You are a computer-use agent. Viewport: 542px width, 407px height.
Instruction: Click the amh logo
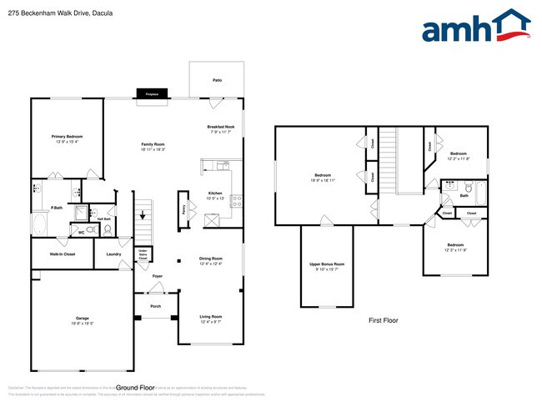click(x=476, y=27)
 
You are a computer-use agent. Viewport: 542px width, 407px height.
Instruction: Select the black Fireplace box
click(x=152, y=95)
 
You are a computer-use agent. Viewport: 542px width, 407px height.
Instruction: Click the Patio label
click(x=217, y=80)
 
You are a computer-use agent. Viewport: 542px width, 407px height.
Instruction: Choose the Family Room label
click(x=153, y=145)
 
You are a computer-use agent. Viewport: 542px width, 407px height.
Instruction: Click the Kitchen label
click(x=215, y=193)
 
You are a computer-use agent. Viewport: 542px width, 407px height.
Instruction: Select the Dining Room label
click(x=210, y=259)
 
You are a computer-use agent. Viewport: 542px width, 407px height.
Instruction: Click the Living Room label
click(x=210, y=317)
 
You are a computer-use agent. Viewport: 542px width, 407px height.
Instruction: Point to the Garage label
click(x=81, y=319)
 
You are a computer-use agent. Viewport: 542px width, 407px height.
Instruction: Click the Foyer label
click(x=156, y=276)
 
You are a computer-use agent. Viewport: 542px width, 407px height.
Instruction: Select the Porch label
click(x=155, y=306)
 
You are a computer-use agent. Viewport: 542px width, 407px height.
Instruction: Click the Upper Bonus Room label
click(x=327, y=264)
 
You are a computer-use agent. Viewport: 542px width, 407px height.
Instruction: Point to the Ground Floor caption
click(x=135, y=388)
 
